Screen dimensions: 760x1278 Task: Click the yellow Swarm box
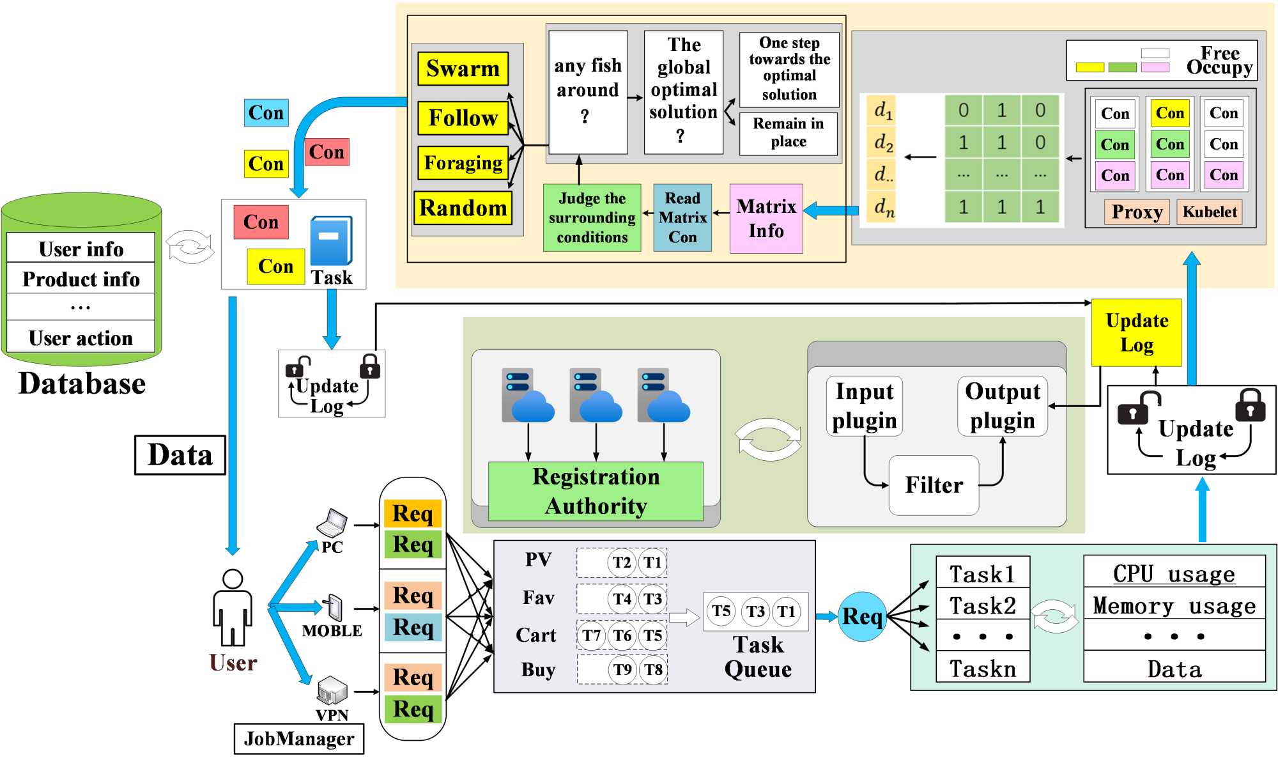463,68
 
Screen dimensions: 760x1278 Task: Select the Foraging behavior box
463,163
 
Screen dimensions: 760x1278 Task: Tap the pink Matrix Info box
766,219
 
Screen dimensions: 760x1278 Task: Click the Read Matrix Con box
682,218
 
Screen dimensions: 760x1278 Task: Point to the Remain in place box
788,133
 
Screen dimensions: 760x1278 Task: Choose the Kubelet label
1210,212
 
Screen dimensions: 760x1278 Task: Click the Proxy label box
1136,212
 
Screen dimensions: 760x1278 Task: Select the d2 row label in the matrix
883,143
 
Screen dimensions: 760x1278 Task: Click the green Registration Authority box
596,491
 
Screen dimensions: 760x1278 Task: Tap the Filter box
934,485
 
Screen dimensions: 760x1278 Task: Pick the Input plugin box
864,406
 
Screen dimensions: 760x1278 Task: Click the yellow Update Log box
1136,332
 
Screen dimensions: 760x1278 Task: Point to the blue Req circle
861,616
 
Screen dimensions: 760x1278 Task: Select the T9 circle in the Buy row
622,669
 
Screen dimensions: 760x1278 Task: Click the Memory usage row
1174,605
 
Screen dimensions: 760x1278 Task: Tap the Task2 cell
982,605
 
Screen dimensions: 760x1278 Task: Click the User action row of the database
81,337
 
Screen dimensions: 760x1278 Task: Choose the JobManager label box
298,739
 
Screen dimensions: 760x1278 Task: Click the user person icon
233,607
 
